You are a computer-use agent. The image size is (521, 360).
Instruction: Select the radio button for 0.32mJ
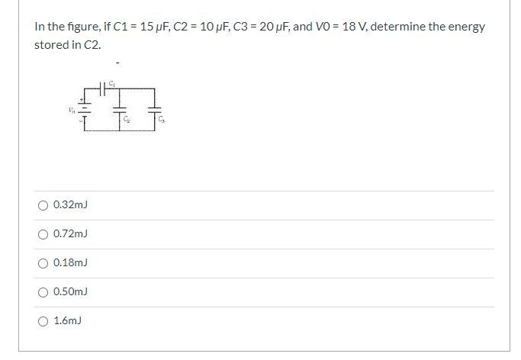[43, 204]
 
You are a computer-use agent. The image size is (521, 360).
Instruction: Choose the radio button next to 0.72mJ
[43, 233]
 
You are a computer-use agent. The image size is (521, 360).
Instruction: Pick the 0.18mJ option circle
[43, 262]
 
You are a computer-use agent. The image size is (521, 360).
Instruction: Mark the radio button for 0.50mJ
[43, 291]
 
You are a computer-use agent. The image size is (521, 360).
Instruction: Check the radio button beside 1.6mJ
[43, 320]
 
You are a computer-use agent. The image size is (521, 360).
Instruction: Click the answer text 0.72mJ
[71, 233]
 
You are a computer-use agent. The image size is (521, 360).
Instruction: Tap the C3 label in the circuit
[162, 120]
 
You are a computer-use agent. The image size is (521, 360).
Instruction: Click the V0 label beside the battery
[71, 109]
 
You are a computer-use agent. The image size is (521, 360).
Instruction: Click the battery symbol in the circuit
[85, 109]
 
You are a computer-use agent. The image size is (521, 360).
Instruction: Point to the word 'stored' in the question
[49, 44]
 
